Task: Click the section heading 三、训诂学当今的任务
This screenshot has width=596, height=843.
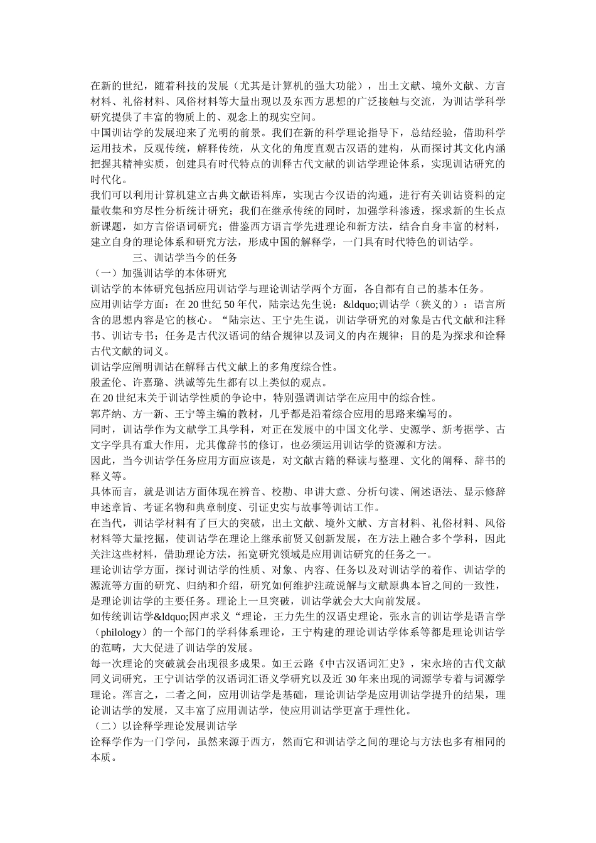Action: click(x=184, y=257)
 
